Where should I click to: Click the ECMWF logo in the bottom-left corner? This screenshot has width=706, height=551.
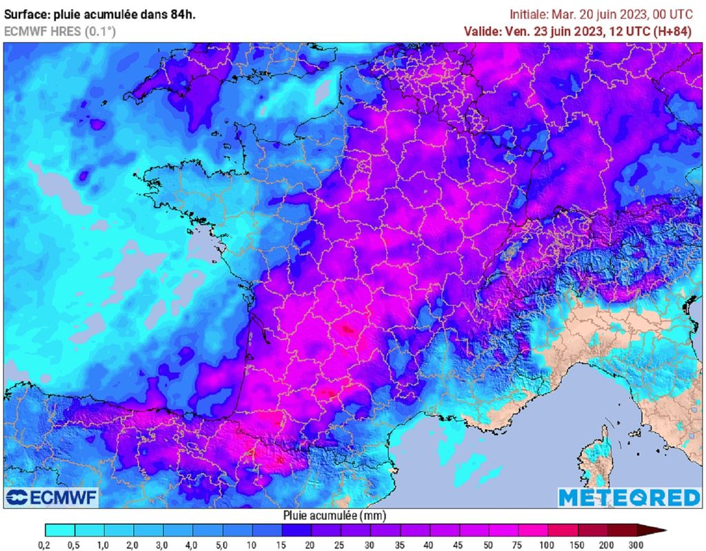point(52,497)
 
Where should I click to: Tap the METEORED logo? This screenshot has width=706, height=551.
point(629,497)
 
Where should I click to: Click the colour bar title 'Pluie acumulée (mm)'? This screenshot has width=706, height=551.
point(334,515)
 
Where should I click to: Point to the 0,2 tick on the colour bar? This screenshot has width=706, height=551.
point(46,545)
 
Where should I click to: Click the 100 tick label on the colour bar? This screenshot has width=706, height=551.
point(548,545)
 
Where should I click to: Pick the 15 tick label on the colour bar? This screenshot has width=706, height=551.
point(282,545)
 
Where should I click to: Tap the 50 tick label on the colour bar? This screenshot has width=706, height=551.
point(489,545)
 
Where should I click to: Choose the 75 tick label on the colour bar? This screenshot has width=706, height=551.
point(518,545)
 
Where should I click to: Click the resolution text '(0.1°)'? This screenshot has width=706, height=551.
point(100,31)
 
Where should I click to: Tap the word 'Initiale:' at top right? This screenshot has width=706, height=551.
point(528,14)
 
